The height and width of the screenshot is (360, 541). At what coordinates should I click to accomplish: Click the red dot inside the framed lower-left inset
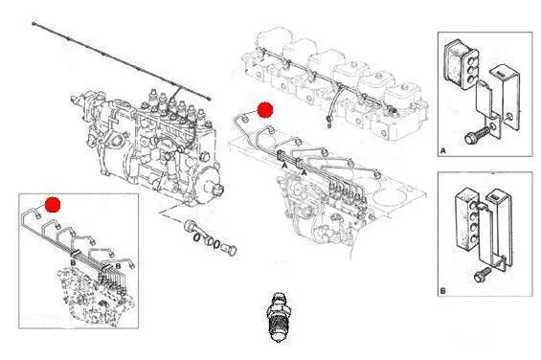pyautogui.click(x=53, y=204)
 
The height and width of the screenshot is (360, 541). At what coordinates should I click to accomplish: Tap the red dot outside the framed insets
pyautogui.click(x=265, y=110)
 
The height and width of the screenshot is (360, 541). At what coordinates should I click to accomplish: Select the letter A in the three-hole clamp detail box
pyautogui.click(x=443, y=151)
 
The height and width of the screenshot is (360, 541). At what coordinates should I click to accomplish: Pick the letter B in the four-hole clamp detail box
pyautogui.click(x=443, y=291)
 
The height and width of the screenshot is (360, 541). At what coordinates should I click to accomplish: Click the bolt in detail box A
pyautogui.click(x=477, y=134)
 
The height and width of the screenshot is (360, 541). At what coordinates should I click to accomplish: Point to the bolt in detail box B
pyautogui.click(x=483, y=275)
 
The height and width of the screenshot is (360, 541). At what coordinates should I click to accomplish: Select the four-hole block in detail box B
pyautogui.click(x=467, y=218)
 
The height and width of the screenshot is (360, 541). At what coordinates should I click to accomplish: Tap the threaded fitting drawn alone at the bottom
pyautogui.click(x=277, y=317)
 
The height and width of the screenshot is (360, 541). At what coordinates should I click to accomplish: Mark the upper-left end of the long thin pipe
pyautogui.click(x=34, y=24)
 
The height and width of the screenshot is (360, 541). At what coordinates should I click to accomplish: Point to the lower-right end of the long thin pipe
pyautogui.click(x=209, y=99)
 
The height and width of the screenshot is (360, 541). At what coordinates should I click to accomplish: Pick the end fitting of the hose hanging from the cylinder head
pyautogui.click(x=329, y=122)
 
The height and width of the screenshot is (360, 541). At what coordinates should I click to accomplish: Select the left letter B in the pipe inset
pyautogui.click(x=73, y=263)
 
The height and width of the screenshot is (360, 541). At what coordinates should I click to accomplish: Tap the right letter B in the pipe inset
pyautogui.click(x=118, y=266)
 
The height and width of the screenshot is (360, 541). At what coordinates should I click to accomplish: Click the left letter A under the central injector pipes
pyautogui.click(x=284, y=166)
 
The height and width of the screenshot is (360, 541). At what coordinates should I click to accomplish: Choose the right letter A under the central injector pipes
pyautogui.click(x=304, y=172)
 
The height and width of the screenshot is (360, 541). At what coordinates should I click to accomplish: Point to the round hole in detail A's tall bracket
pyautogui.click(x=509, y=117)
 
